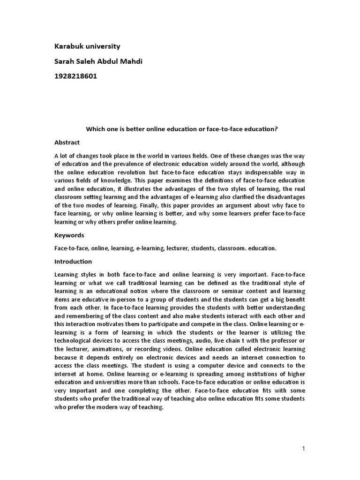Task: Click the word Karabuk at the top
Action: click(68, 46)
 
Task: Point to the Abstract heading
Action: click(67, 142)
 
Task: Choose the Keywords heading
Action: click(69, 235)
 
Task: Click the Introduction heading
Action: click(73, 262)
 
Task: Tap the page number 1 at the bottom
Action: click(303, 449)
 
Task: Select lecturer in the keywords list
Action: click(179, 248)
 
